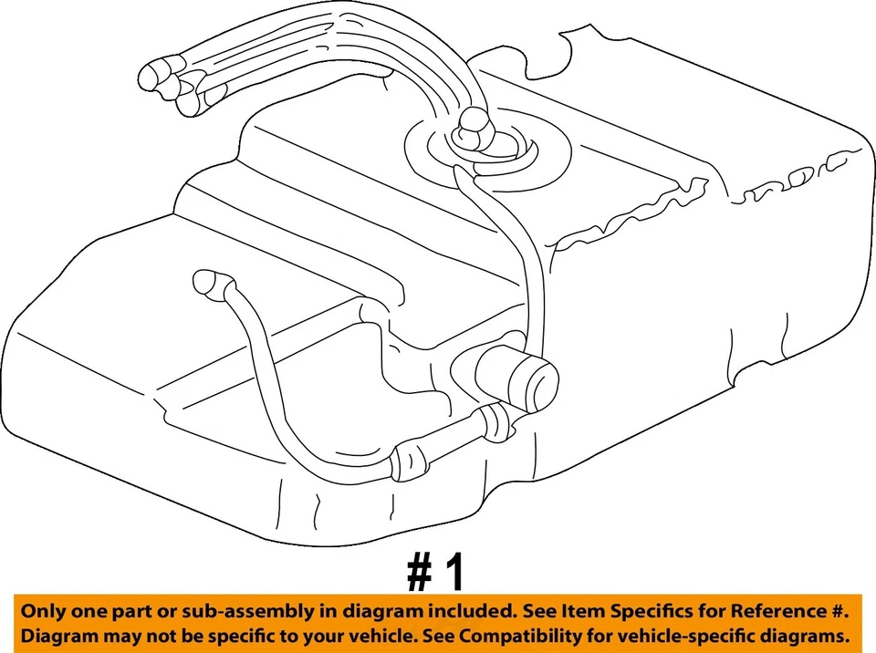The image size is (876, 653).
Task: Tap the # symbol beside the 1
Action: pos(419,573)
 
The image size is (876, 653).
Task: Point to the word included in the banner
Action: pos(443,611)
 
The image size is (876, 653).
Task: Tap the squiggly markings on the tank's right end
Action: pos(794,178)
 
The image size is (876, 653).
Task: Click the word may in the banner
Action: pos(119,635)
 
